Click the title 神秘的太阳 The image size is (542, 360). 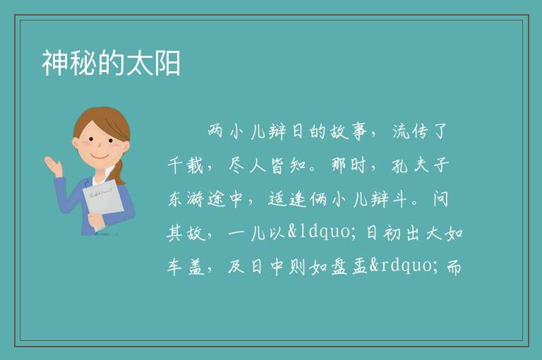click(x=111, y=64)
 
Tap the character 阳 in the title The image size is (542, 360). click(x=167, y=64)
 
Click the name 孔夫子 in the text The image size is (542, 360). click(x=421, y=165)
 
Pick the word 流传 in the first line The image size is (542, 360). click(x=410, y=131)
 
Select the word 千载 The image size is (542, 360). click(x=186, y=165)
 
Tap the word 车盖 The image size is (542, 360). click(x=186, y=267)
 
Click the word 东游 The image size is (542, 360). click(x=186, y=199)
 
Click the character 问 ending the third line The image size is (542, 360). click(x=440, y=199)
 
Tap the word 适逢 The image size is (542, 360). click(x=287, y=199)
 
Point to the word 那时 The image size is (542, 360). click(x=349, y=165)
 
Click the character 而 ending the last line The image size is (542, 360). click(x=454, y=267)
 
